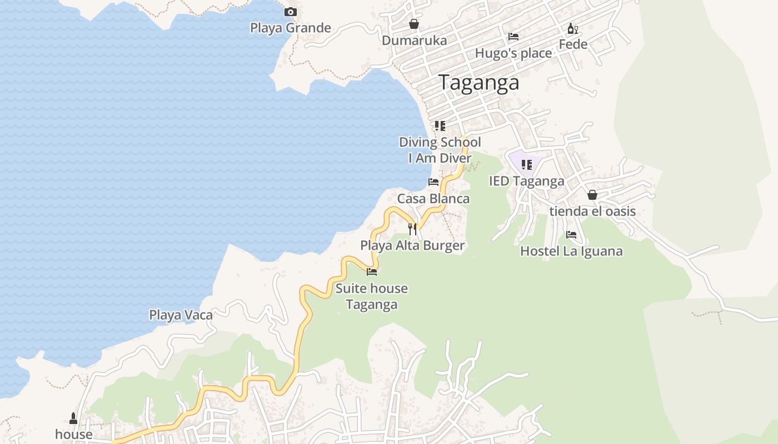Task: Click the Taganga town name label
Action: [479, 83]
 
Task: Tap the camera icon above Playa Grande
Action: [290, 12]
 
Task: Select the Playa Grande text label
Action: [290, 28]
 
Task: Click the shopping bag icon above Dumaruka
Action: [414, 24]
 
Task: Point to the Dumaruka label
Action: [414, 41]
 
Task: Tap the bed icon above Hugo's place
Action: [513, 37]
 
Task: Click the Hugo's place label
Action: [513, 53]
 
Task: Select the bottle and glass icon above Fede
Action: [573, 28]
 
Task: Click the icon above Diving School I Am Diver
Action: [440, 126]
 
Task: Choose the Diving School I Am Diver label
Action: [440, 150]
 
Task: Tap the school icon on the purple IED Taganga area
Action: [526, 164]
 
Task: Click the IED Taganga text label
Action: [526, 181]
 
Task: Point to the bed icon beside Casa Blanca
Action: [433, 182]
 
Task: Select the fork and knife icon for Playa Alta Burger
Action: [412, 229]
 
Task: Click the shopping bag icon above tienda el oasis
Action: [592, 195]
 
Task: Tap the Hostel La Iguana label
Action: [571, 251]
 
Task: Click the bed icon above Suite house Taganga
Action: [372, 272]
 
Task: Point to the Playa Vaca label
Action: [181, 315]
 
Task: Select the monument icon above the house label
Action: [73, 418]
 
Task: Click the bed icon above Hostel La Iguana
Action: [571, 235]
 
